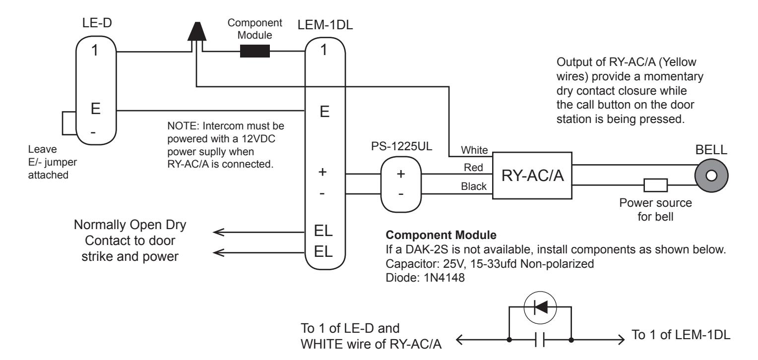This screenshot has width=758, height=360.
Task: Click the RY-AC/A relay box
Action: (532, 175)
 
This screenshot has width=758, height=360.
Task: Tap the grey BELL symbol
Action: (711, 176)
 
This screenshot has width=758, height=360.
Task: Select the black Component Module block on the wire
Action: (255, 52)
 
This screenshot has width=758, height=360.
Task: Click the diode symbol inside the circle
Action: (540, 307)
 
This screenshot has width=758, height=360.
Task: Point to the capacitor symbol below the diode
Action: (540, 339)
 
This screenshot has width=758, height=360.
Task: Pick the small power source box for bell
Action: (655, 185)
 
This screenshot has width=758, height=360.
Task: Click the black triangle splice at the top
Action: (197, 31)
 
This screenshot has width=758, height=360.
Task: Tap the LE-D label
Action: (97, 23)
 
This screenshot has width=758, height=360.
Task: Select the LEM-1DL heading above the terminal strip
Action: (325, 25)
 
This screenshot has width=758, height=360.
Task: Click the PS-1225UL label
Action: (401, 146)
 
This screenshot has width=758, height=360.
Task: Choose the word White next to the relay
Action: (474, 150)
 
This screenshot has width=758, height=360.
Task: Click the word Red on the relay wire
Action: (473, 167)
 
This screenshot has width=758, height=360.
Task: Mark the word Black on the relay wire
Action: (473, 186)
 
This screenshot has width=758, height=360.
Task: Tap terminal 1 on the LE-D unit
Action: (95, 51)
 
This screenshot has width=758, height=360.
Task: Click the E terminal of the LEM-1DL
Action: (324, 111)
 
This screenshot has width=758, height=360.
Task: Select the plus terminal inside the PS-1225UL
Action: (401, 174)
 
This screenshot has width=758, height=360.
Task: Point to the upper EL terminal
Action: (323, 231)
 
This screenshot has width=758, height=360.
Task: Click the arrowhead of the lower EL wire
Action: (218, 252)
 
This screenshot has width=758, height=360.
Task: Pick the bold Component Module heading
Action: (441, 235)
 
